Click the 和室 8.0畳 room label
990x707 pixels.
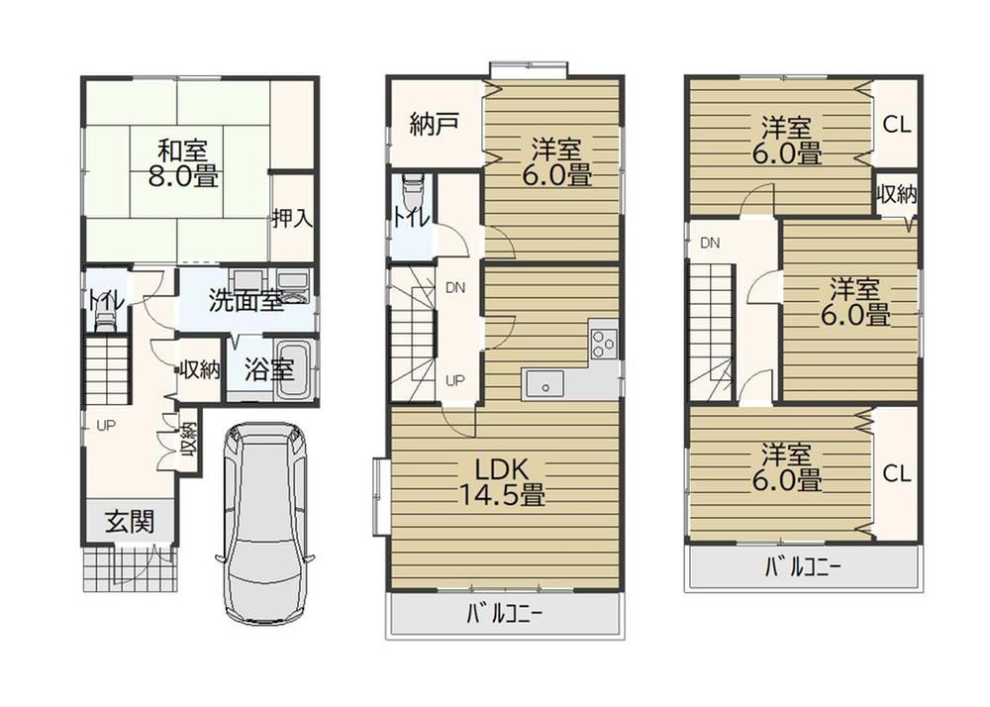(183, 164)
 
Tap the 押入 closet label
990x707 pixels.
(293, 219)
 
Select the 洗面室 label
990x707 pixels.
(246, 301)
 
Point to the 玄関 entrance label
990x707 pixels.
(129, 522)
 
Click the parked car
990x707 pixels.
(264, 523)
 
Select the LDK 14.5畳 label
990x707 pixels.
(501, 482)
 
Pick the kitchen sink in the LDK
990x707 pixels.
(544, 383)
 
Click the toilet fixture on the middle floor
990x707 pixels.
(412, 187)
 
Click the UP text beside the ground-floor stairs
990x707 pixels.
(106, 426)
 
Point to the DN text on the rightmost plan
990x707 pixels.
(710, 243)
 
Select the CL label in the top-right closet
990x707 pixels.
(897, 125)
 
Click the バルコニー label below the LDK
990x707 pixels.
(505, 614)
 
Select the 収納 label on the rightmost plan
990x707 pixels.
(897, 195)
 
